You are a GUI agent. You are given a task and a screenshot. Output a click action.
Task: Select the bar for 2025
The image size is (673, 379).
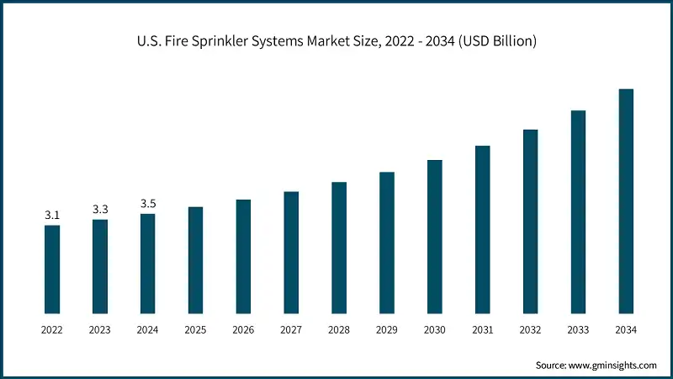pos(195,260)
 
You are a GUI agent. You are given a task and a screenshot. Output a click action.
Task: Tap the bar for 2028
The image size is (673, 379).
pos(339,248)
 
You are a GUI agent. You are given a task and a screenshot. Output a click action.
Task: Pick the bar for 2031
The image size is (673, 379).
pos(482,230)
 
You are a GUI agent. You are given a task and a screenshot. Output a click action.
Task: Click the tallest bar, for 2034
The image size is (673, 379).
pos(626,201)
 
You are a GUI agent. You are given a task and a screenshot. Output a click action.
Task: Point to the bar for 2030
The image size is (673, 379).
pos(434,237)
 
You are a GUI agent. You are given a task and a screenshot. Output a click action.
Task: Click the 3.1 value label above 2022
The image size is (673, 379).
pos(52,216)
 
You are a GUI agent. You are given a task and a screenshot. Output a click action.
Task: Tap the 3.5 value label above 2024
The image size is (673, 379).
pos(148,204)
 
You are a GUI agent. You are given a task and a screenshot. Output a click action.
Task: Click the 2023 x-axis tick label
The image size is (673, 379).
pos(100,331)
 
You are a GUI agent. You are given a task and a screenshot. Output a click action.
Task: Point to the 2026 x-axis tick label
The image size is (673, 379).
pos(243,331)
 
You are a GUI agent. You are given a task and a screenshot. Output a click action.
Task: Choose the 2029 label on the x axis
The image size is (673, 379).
pos(387,331)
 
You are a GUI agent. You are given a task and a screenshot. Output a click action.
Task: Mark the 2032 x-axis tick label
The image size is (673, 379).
pos(530,331)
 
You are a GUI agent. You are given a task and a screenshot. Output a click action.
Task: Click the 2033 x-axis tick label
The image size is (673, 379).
pos(578,331)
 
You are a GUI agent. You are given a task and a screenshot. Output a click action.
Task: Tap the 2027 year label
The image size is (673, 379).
pos(291,331)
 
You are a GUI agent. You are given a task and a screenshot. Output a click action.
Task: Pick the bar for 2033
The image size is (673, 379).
pos(578,212)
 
